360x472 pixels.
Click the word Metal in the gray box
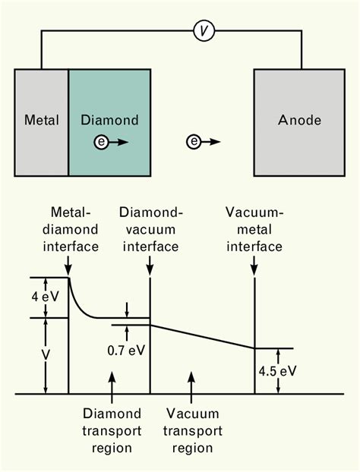point(41,120)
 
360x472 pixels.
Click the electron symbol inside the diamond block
point(101,142)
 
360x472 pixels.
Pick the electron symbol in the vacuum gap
point(195,142)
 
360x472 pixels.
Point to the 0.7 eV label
point(125,351)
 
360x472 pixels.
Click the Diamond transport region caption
point(112,430)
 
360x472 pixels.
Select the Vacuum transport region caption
point(193,430)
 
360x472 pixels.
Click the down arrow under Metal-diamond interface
point(69,266)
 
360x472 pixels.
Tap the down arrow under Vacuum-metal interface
point(254,266)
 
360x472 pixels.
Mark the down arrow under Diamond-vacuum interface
point(150,266)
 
